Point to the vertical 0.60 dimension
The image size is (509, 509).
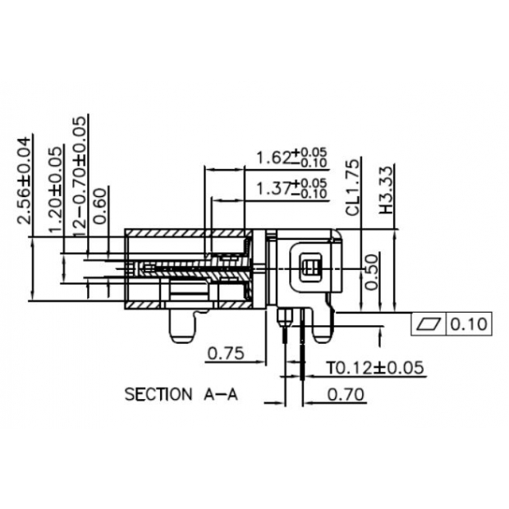tap(99, 206)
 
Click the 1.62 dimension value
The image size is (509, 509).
tap(275, 157)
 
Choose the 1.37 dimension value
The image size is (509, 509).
tap(275, 188)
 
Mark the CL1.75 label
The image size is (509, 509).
tap(353, 187)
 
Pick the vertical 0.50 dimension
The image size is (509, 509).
tap(372, 271)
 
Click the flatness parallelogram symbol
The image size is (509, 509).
tap(429, 324)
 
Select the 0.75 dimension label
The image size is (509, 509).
tap(226, 354)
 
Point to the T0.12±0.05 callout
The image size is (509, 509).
tap(376, 366)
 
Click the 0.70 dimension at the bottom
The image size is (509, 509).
tap(346, 394)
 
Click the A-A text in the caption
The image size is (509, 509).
tap(220, 394)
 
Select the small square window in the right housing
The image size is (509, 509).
tap(311, 267)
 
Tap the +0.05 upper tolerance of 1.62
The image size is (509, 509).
tap(314, 152)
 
